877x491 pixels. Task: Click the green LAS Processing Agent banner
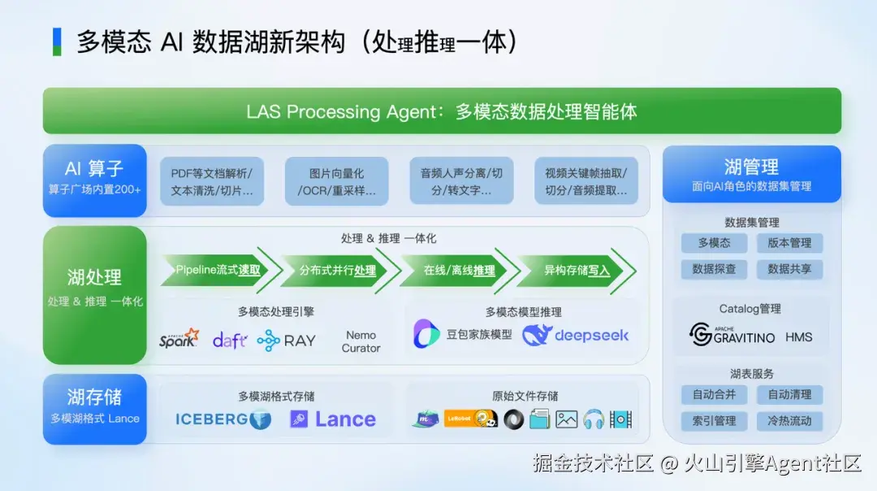coord(442,111)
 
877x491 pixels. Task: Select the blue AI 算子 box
coord(94,180)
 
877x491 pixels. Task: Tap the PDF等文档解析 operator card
coord(212,181)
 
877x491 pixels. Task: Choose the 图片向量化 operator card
coord(336,181)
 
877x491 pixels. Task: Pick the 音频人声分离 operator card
coord(460,181)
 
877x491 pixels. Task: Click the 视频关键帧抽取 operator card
coord(585,181)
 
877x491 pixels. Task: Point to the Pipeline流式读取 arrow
coord(216,270)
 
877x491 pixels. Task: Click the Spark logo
coord(179,338)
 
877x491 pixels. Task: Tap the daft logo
coord(229,340)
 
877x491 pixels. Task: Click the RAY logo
coord(287,341)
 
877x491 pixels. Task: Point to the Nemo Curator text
coord(361,341)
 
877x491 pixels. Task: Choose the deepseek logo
coord(576,335)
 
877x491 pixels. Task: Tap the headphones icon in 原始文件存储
coord(594,419)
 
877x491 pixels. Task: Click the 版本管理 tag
coord(789,242)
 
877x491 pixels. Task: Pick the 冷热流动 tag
coord(789,420)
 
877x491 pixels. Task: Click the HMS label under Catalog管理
coord(798,337)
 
